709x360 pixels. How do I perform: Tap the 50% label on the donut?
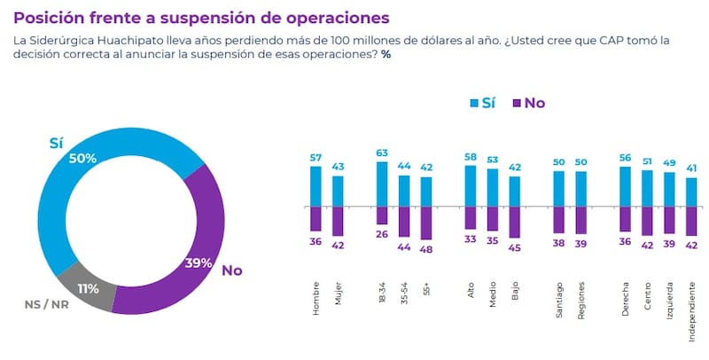[x=82, y=158]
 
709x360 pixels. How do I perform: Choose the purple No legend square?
[x=516, y=104]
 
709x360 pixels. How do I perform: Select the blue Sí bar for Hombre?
[x=316, y=185]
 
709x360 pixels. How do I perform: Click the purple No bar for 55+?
[x=426, y=223]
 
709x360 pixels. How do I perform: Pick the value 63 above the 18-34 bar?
[x=382, y=153]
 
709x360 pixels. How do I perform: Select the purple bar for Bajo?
[x=515, y=221]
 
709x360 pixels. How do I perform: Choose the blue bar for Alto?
[x=471, y=185]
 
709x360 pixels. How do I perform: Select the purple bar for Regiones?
[x=580, y=219]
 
